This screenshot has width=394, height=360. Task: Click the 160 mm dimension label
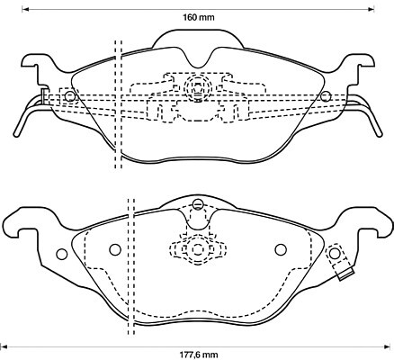tap(199, 17)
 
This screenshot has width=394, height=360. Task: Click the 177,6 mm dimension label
tap(199, 355)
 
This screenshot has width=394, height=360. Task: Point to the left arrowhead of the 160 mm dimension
tap(24, 9)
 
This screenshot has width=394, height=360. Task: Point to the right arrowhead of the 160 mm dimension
tap(372, 9)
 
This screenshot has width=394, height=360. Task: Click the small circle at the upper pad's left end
tap(70, 96)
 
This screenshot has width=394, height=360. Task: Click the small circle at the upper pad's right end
tap(326, 96)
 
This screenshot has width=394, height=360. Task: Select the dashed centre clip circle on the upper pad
tap(198, 86)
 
